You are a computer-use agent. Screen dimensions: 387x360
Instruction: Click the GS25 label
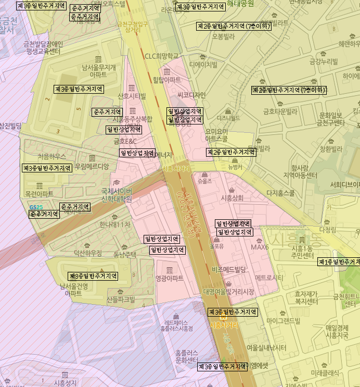click(x=36, y=207)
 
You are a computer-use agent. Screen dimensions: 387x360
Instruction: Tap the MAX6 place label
click(x=260, y=247)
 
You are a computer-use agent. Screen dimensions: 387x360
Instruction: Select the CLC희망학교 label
click(x=161, y=56)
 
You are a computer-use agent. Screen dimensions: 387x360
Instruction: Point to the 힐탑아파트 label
click(x=166, y=80)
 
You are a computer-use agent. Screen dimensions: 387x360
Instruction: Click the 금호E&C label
click(x=125, y=141)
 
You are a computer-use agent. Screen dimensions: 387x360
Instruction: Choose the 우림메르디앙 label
click(x=92, y=167)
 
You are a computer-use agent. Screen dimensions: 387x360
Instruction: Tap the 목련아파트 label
click(x=39, y=194)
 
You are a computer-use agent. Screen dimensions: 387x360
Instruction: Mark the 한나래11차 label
click(x=114, y=224)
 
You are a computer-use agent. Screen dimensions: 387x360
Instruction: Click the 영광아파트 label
click(x=169, y=278)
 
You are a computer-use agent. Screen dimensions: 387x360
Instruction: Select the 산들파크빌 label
click(x=120, y=299)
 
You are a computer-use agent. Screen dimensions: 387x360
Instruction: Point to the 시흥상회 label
click(x=232, y=198)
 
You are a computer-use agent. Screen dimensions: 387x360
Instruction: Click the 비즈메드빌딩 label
click(x=229, y=269)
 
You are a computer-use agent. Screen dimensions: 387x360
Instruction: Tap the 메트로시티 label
click(x=269, y=278)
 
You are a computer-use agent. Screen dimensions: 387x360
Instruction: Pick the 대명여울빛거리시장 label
click(x=229, y=292)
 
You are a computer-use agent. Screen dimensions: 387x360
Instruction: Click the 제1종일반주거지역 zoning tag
click(x=339, y=261)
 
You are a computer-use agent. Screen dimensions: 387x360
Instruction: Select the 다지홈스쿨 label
click(x=280, y=193)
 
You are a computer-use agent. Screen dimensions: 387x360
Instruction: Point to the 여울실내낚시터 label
click(x=266, y=347)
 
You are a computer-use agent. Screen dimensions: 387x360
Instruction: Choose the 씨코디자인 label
click(x=191, y=95)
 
